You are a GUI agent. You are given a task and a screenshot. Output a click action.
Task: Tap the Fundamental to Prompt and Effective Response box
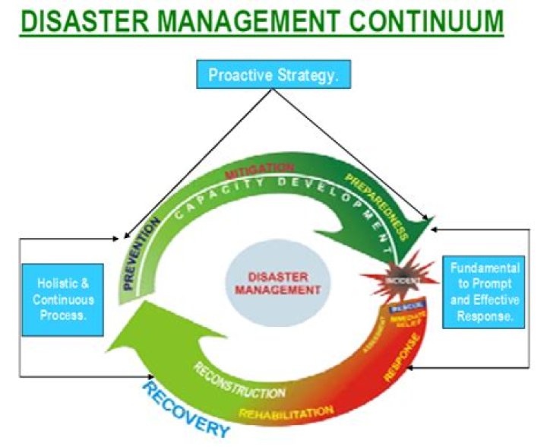coord(484,292)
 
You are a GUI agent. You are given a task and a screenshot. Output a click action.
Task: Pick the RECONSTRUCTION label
coord(239,380)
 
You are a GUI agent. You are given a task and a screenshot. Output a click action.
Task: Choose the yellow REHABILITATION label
coord(286,414)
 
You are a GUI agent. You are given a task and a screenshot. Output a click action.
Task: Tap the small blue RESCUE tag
coord(401,309)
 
